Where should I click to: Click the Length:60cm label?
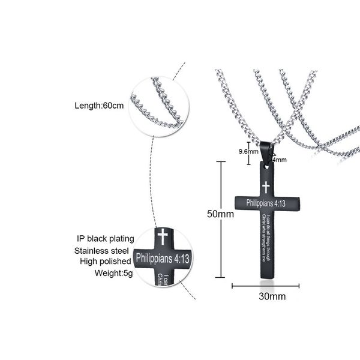[x=99, y=106]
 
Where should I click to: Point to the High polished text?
[x=104, y=262]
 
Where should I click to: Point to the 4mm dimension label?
[x=280, y=160]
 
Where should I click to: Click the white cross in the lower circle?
[x=161, y=236]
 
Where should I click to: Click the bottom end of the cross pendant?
[x=266, y=275]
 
